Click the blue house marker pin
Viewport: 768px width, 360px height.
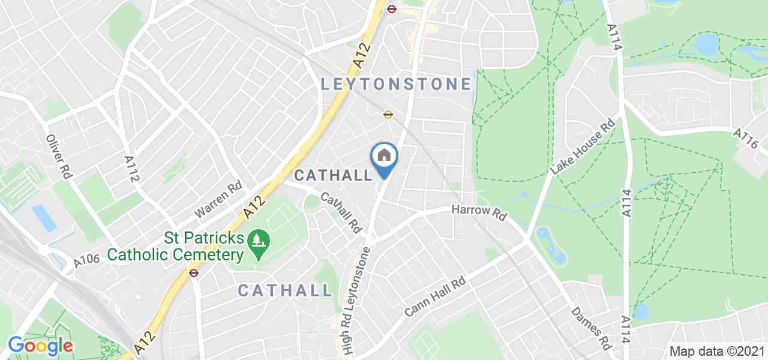385,158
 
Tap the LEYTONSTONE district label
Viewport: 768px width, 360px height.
396,84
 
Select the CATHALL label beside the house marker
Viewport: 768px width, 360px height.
334,175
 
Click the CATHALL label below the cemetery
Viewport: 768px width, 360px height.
285,290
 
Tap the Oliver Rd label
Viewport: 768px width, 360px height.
59,155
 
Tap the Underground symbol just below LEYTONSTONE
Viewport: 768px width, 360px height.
388,115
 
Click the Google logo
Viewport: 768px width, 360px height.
40,346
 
